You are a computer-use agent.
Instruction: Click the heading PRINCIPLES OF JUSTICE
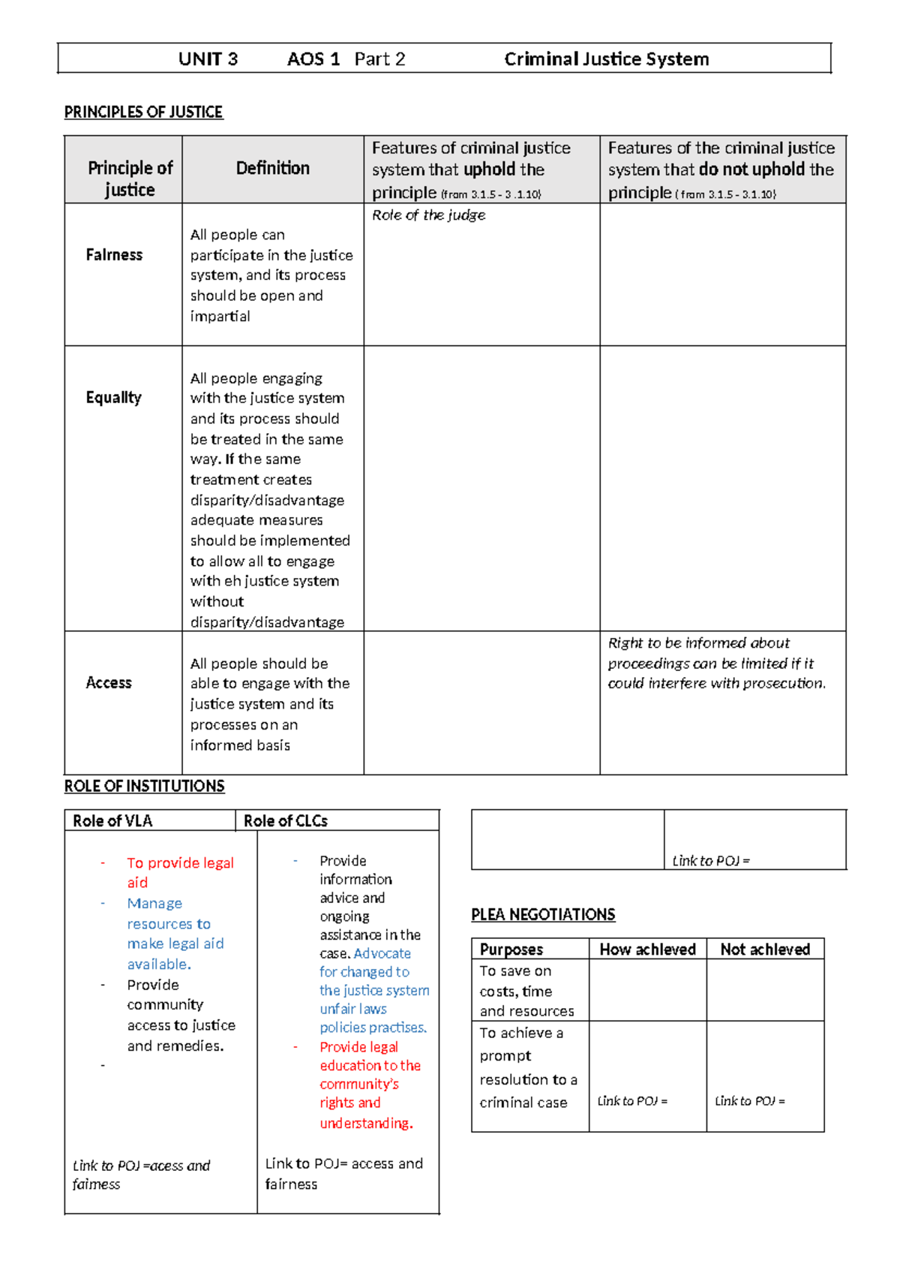tap(143, 112)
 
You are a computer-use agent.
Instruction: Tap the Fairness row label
tap(114, 254)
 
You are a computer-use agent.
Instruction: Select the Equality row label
tap(113, 397)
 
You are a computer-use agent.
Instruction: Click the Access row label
tap(109, 682)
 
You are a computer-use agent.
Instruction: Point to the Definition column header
tap(273, 168)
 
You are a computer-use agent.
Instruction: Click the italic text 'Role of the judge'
tap(428, 215)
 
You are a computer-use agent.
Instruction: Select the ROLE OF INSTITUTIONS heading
tap(144, 786)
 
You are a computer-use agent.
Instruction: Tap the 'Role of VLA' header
tap(112, 820)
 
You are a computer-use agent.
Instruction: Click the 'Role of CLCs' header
tap(286, 820)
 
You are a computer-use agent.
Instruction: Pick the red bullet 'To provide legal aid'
tap(180, 872)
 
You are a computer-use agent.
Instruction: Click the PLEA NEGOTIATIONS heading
tap(543, 914)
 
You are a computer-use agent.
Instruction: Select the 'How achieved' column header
tap(648, 949)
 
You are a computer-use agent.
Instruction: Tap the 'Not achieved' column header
tap(765, 949)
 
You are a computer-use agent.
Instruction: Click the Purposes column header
tap(511, 949)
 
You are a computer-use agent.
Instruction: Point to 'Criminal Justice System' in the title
tap(606, 59)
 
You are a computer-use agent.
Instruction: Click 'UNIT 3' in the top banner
tap(208, 59)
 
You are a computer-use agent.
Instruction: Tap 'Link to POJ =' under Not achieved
tap(750, 1101)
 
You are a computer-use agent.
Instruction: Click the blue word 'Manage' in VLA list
tap(154, 903)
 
